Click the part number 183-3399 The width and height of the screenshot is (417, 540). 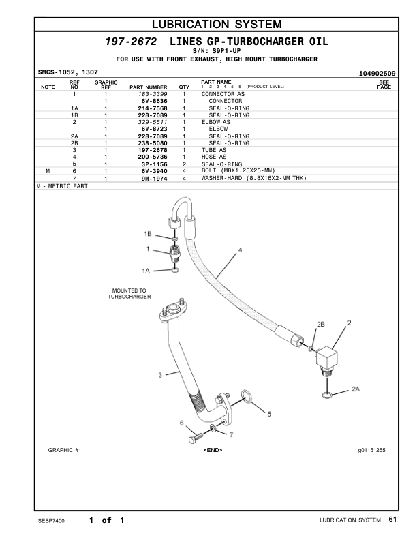click(153, 93)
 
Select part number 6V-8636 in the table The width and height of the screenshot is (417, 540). click(154, 101)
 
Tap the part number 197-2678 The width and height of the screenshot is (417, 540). click(153, 150)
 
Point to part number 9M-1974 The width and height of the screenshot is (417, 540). click(154, 178)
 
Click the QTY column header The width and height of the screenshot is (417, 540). click(184, 87)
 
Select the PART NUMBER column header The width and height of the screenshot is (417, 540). click(148, 87)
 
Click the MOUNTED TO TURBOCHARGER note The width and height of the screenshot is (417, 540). click(129, 293)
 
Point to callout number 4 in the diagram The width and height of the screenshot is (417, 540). click(241, 251)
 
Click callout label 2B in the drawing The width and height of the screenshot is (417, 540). click(321, 323)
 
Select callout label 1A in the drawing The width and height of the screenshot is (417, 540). click(145, 271)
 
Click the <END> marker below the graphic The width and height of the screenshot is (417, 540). click(213, 450)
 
